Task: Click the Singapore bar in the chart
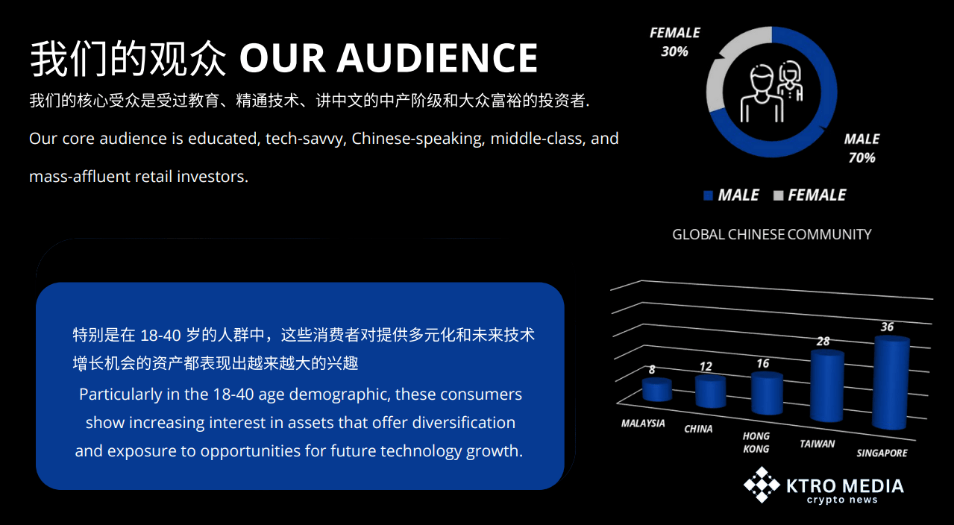point(891,383)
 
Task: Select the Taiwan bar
point(827,386)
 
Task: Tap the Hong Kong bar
point(767,393)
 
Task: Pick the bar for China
point(710,392)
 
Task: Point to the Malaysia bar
point(656,389)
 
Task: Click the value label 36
point(887,327)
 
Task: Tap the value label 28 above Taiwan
point(823,342)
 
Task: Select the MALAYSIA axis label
point(643,424)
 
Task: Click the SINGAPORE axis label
point(882,453)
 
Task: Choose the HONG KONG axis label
point(756,442)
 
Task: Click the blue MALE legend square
point(709,195)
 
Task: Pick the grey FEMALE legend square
point(778,195)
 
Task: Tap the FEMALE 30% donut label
point(674,42)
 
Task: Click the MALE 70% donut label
point(862,148)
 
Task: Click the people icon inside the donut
point(771,92)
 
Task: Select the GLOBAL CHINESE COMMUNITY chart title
point(772,235)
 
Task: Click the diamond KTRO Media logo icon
point(762,485)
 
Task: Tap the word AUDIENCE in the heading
point(437,58)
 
